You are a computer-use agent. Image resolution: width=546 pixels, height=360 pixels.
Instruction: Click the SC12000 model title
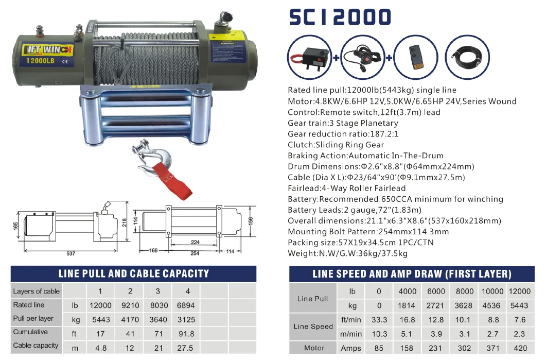pyautogui.click(x=340, y=17)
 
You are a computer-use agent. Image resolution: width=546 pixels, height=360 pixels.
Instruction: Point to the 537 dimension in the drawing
pyautogui.click(x=71, y=253)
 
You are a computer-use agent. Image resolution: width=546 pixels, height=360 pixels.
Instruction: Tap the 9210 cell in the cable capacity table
pyautogui.click(x=130, y=305)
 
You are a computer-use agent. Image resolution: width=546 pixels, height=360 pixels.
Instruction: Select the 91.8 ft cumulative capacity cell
pyautogui.click(x=188, y=333)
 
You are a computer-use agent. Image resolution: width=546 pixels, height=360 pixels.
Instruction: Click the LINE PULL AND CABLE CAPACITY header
pyautogui.click(x=134, y=273)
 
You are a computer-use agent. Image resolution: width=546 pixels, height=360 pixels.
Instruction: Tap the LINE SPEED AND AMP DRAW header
pyautogui.click(x=412, y=274)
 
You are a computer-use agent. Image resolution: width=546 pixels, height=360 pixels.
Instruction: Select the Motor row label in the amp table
pyautogui.click(x=314, y=348)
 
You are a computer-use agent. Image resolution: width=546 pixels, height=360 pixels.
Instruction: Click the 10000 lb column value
pyautogui.click(x=492, y=291)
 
